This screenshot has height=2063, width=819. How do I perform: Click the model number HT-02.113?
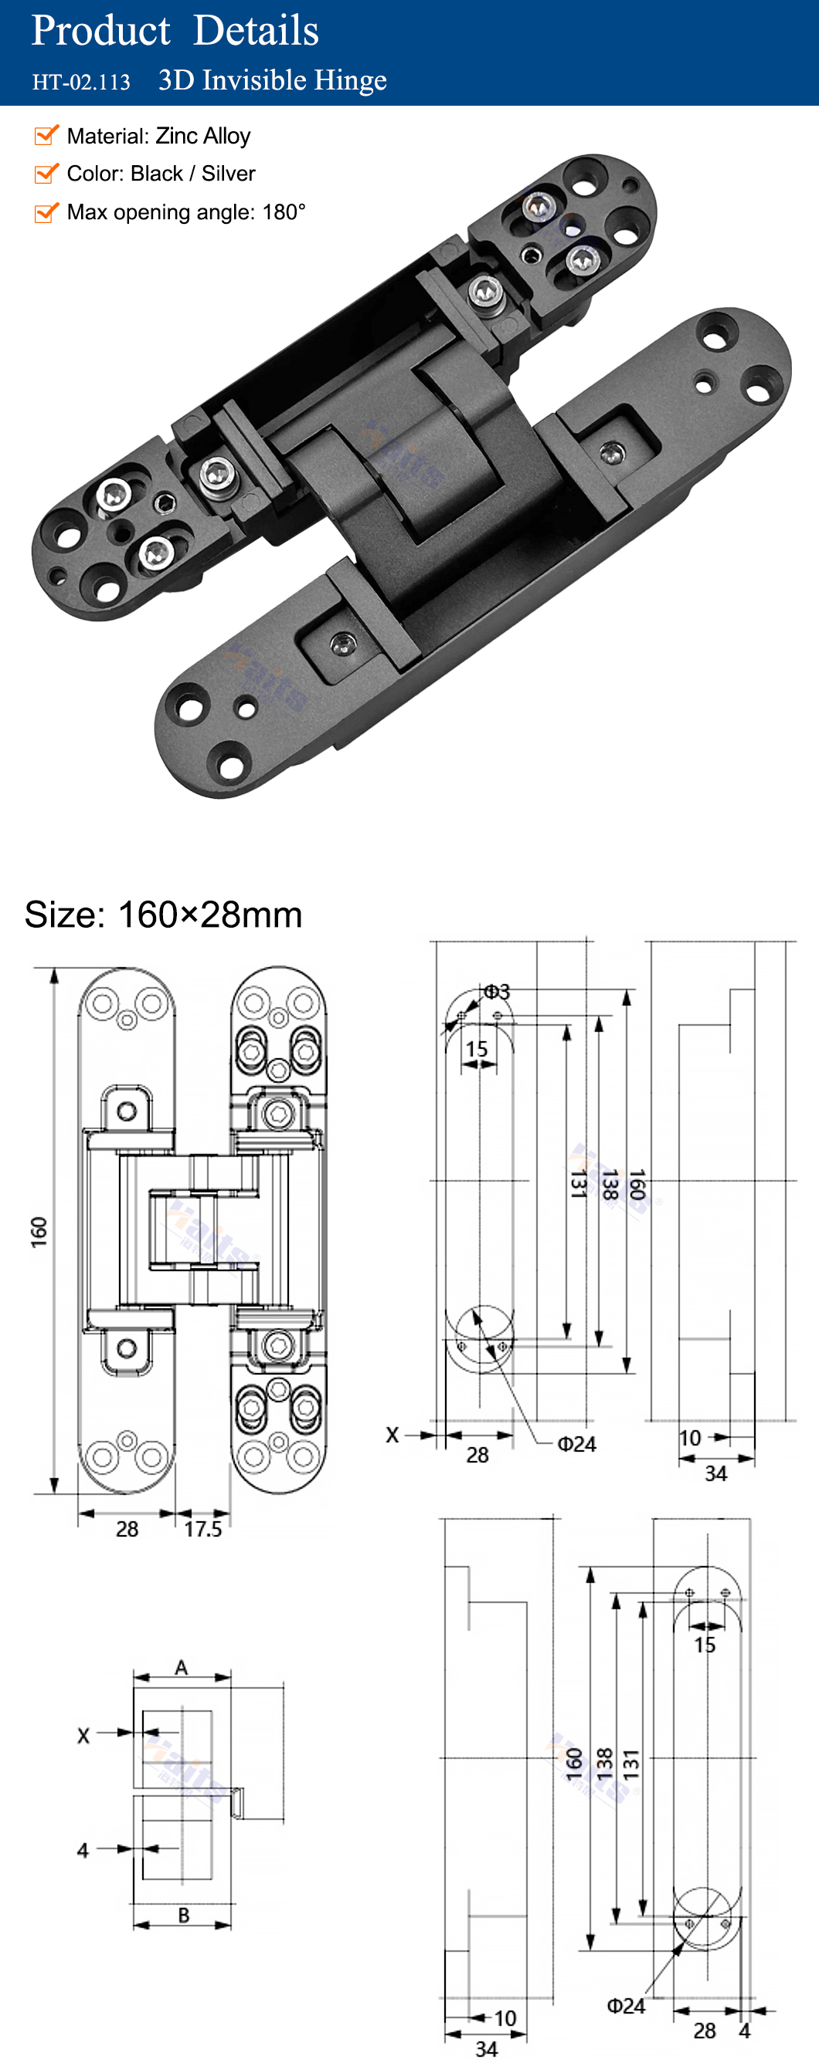[x=81, y=82]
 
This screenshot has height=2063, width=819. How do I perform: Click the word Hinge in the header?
[x=350, y=80]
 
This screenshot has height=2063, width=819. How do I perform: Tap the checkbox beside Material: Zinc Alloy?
[x=46, y=135]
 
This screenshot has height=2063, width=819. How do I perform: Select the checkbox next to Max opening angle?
[x=46, y=212]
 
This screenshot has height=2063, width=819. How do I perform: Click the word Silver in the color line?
[x=229, y=174]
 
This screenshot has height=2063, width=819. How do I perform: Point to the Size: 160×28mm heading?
[x=164, y=914]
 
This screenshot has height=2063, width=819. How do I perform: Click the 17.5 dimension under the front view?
[x=202, y=1529]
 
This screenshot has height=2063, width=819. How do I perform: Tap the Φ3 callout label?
[x=497, y=992]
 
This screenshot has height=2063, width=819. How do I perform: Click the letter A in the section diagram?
[x=181, y=1667]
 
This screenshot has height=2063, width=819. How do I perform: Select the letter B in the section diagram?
[x=184, y=1915]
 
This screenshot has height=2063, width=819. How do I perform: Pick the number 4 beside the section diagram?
[x=83, y=1850]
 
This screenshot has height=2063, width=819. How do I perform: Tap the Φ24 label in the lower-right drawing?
[x=625, y=2006]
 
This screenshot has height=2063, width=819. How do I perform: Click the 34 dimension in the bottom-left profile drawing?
[x=487, y=2048]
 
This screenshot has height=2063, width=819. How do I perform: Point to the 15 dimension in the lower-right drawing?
[x=705, y=1645]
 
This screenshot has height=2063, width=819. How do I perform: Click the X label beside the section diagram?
[x=83, y=1736]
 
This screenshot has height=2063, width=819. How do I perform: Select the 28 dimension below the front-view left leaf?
[x=127, y=1529]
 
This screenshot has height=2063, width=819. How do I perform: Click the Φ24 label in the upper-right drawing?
[x=576, y=1444]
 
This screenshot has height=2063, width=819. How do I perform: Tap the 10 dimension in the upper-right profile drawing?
[x=690, y=1438]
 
